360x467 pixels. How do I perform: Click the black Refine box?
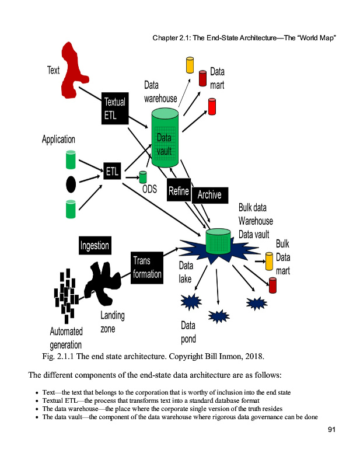click(179, 191)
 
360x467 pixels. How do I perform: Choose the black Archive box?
click(209, 194)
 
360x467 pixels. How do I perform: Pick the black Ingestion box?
click(95, 245)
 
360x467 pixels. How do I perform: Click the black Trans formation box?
click(146, 268)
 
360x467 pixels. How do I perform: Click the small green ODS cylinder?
click(143, 177)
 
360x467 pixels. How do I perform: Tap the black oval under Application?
click(71, 184)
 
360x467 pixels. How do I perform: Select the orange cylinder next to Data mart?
click(190, 65)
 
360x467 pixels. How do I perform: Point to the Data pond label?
click(188, 332)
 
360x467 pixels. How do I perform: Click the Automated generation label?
click(66, 338)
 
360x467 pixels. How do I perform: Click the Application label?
click(58, 140)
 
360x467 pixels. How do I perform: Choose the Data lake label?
click(185, 273)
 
